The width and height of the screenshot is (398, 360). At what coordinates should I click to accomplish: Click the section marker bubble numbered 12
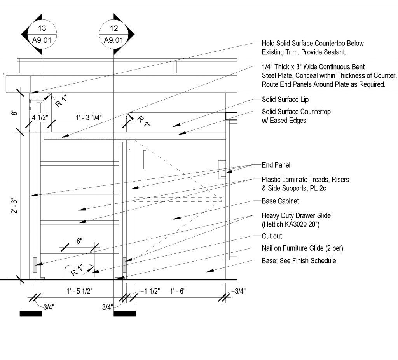click(113, 34)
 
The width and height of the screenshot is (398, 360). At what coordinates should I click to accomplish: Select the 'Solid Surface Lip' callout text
click(285, 100)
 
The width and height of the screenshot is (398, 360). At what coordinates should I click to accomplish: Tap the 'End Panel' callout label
click(276, 165)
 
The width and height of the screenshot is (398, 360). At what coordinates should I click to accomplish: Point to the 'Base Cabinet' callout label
click(280, 201)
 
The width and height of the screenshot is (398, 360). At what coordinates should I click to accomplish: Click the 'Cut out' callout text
click(272, 236)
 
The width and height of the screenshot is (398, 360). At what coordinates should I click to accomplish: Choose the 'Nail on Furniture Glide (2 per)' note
click(302, 248)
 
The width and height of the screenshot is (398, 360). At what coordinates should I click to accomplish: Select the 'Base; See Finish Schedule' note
click(298, 261)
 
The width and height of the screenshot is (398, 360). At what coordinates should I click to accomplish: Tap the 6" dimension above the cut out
click(79, 241)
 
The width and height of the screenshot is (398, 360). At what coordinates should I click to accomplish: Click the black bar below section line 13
click(31, 313)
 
